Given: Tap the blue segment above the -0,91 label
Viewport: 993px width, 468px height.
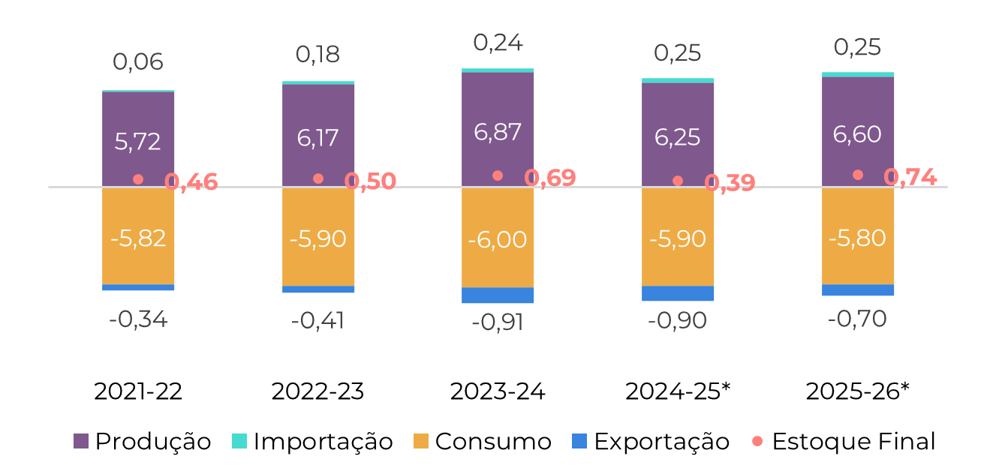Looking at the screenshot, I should tap(498, 295).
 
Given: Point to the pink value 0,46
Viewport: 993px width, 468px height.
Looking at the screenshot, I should tap(191, 181).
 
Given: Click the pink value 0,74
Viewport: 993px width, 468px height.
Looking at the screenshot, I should tap(910, 177).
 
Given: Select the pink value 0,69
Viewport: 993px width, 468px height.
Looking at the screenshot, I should tap(550, 178).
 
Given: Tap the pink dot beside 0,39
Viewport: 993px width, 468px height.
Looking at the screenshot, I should tap(678, 181).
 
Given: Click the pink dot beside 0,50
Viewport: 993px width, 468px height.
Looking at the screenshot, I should tap(318, 178).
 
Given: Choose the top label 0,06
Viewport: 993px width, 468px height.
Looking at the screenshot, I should tap(138, 61).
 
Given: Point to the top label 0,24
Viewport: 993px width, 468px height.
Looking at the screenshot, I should tap(498, 43).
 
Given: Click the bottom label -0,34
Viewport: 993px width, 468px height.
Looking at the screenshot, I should tap(138, 320).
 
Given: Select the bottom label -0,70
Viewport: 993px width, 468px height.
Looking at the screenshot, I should tap(857, 319).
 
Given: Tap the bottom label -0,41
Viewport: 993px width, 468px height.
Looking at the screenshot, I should tap(317, 321).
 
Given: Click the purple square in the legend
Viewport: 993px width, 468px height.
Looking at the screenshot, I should tap(81, 441).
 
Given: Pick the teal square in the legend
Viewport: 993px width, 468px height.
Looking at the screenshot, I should tap(239, 441).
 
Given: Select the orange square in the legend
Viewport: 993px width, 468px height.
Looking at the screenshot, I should tap(421, 441).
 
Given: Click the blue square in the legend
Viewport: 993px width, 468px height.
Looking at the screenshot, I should tap(579, 441).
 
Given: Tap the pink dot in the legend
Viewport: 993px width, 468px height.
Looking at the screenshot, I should tap(757, 441).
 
